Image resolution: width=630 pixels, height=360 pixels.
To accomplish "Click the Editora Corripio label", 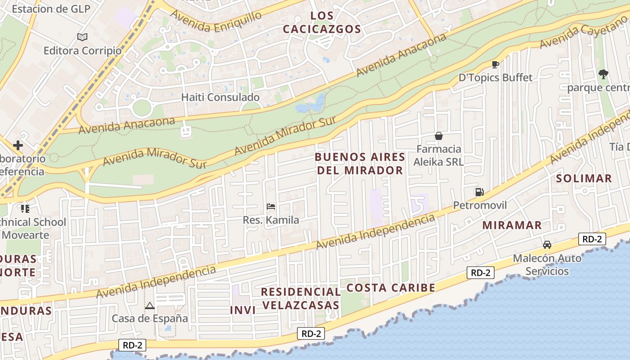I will pyautogui.click(x=82, y=50).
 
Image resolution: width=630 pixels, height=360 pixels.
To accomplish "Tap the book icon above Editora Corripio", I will pyautogui.click(x=82, y=37).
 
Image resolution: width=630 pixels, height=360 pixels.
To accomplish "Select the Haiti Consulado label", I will pyautogui.click(x=220, y=97).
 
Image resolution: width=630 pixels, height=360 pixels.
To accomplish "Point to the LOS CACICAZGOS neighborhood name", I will pyautogui.click(x=322, y=22).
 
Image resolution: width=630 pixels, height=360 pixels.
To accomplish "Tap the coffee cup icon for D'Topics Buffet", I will pyautogui.click(x=495, y=65).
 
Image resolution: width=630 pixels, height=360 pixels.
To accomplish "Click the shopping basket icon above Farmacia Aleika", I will pyautogui.click(x=438, y=136).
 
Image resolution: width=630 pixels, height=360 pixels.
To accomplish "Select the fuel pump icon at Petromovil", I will pyautogui.click(x=479, y=192).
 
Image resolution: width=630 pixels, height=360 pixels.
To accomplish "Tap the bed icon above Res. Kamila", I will pyautogui.click(x=271, y=207).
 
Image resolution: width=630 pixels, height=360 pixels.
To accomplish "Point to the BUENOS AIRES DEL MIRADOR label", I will pyautogui.click(x=360, y=163).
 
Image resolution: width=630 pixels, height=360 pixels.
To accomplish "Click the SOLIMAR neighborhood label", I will pyautogui.click(x=584, y=178).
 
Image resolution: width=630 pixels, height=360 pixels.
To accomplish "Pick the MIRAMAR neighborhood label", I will pyautogui.click(x=512, y=225).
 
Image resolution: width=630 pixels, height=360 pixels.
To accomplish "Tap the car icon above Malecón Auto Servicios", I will pyautogui.click(x=547, y=245).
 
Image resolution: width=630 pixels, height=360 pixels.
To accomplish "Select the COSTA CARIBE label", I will pyautogui.click(x=391, y=288).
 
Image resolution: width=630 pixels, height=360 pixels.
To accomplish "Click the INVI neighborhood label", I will pyautogui.click(x=243, y=310).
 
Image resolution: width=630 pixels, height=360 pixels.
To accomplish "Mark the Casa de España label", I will pyautogui.click(x=150, y=319).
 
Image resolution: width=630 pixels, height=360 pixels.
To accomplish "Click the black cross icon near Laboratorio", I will pyautogui.click(x=18, y=145).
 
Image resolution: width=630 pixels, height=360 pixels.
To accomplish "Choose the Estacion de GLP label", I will pyautogui.click(x=51, y=9).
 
